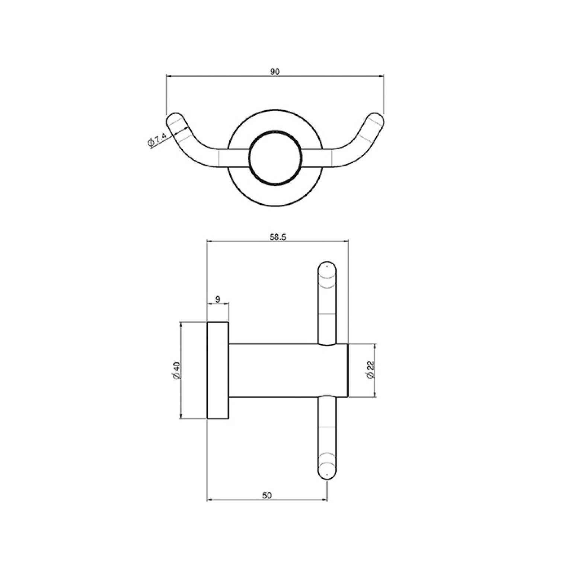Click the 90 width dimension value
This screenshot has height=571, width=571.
tap(274, 72)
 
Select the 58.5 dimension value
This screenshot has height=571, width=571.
tap(277, 237)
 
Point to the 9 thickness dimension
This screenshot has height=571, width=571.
tap(218, 299)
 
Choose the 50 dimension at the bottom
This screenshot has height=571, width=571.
tap(267, 495)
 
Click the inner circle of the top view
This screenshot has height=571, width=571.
tap(274, 157)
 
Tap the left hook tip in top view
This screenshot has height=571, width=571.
tap(173, 118)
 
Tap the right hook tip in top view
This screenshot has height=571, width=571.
tap(376, 118)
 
